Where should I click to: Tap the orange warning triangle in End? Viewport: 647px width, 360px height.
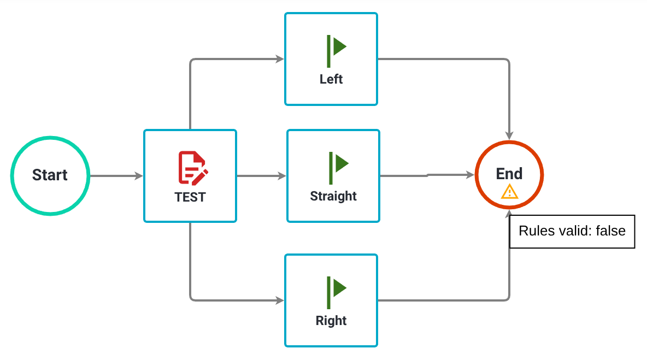tap(509, 192)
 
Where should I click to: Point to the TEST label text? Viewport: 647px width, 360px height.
tap(190, 197)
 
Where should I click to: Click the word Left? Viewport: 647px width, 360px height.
tap(331, 79)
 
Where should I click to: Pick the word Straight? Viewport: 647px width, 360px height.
tap(333, 196)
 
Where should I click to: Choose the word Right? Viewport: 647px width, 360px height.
tap(331, 321)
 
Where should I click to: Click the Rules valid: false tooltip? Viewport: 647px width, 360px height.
tap(572, 231)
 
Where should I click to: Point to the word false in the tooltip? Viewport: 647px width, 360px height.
tap(610, 231)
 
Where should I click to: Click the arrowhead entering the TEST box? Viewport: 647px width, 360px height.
tap(139, 176)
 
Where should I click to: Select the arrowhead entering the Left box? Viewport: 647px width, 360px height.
tap(280, 59)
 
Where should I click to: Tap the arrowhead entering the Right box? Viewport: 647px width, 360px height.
tap(280, 300)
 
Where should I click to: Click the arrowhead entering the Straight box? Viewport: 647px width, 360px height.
tap(282, 176)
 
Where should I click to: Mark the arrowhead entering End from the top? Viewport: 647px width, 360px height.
tap(509, 135)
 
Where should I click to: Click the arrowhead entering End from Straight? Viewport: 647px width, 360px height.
tap(470, 175)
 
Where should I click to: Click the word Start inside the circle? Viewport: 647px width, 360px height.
tap(50, 175)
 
